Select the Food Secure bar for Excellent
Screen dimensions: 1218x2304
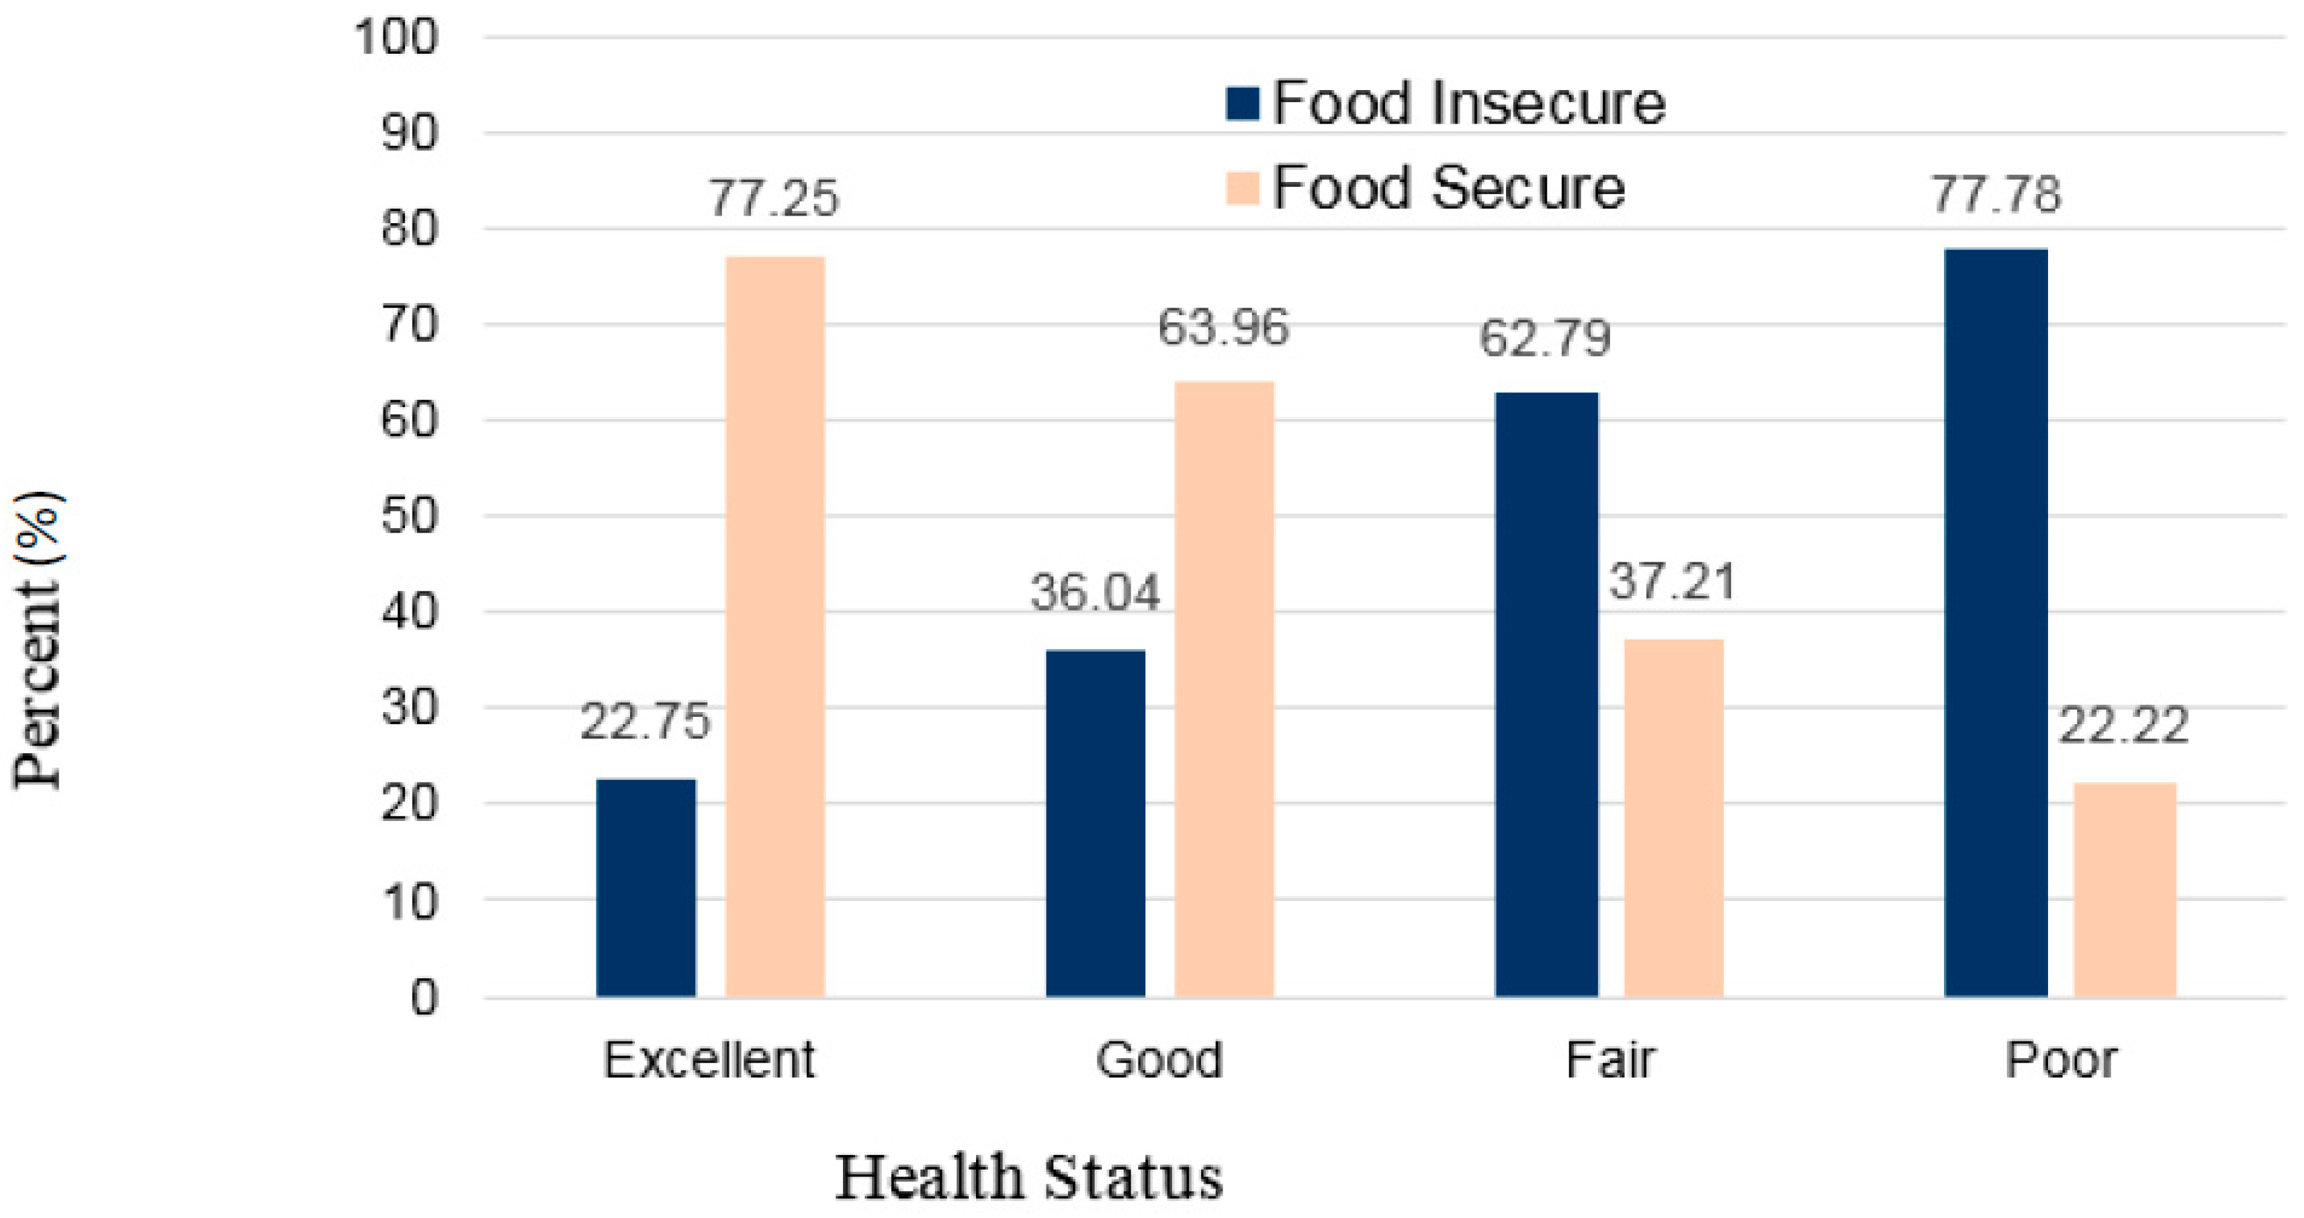774,626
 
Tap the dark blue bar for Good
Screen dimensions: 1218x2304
1095,823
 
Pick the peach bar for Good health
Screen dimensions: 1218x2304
1224,689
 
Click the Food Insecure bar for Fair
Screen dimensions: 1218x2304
1546,694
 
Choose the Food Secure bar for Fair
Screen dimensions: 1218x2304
1673,818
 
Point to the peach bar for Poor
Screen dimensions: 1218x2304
2124,889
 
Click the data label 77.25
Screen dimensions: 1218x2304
774,198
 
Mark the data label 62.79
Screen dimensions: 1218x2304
1545,338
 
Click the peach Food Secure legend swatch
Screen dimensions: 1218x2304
1242,188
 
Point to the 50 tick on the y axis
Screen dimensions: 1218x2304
410,516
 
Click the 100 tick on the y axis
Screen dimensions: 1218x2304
397,38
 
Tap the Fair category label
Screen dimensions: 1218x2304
1610,1061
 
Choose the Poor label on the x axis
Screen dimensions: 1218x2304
2059,1061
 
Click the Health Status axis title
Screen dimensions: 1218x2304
1028,1177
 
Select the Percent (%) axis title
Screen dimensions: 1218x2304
38,640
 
